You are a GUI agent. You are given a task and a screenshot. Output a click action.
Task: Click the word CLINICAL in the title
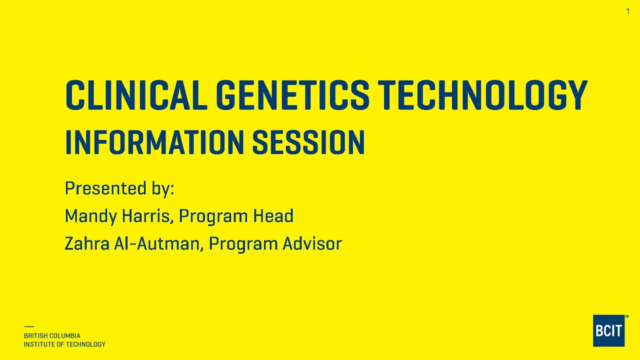click(136, 95)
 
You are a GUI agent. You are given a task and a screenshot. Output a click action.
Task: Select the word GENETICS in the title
click(292, 95)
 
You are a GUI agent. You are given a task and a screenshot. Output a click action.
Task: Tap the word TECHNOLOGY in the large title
click(482, 95)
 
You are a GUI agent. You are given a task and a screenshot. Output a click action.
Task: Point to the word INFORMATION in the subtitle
click(154, 142)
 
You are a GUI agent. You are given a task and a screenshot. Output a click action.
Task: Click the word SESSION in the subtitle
click(308, 142)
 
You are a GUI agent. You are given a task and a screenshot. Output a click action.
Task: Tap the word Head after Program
click(273, 216)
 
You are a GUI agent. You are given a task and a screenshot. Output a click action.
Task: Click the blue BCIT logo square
click(608, 330)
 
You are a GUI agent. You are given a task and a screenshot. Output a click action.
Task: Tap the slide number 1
click(628, 11)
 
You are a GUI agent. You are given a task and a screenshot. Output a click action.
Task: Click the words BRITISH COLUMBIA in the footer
click(52, 336)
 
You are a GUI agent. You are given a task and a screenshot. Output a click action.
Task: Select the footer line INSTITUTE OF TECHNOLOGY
click(64, 344)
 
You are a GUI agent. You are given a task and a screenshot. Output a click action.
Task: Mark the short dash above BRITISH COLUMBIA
click(28, 327)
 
